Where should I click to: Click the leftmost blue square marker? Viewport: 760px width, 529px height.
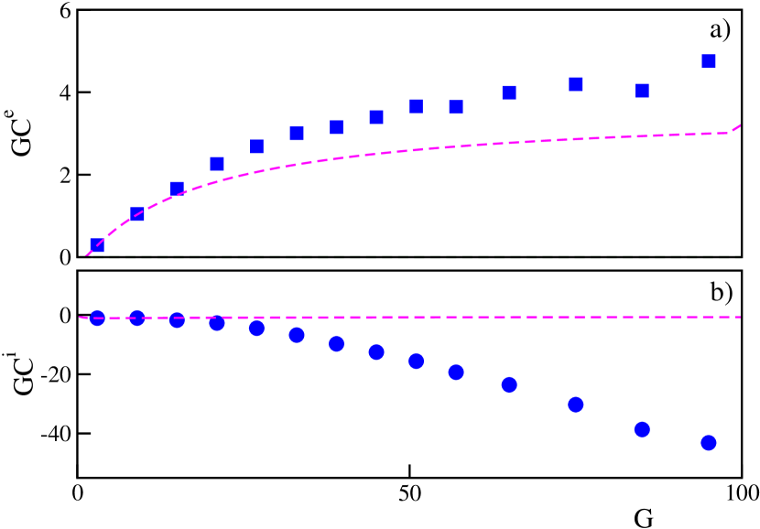(x=97, y=244)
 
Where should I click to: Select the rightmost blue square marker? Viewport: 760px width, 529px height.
(x=708, y=61)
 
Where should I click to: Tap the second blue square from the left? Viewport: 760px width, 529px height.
(x=137, y=214)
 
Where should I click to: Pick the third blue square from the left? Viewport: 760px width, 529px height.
(x=177, y=188)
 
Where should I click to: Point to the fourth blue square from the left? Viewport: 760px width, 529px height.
(x=217, y=164)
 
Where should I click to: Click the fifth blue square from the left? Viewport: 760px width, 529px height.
(x=256, y=146)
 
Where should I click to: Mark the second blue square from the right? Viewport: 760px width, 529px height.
(x=642, y=91)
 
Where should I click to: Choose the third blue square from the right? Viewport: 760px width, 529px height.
(x=576, y=83)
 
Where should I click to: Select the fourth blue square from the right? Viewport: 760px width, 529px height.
(x=509, y=92)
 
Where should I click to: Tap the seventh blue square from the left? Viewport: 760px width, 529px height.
(x=336, y=127)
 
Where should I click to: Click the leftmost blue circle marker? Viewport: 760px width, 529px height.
(x=97, y=318)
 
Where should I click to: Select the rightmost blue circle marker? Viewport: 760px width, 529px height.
(x=708, y=442)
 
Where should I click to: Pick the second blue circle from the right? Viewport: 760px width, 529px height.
(x=642, y=429)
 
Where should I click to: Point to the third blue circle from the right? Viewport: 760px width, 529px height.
(x=576, y=405)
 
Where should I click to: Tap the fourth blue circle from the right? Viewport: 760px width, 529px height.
(x=509, y=384)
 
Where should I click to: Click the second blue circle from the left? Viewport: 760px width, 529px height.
(x=137, y=318)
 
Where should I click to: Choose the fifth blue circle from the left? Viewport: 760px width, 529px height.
(x=256, y=328)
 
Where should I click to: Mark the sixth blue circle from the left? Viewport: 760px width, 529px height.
(x=297, y=335)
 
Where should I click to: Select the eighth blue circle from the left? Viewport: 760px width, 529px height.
(x=376, y=351)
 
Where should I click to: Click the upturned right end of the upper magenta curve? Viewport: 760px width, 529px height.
(x=738, y=126)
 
